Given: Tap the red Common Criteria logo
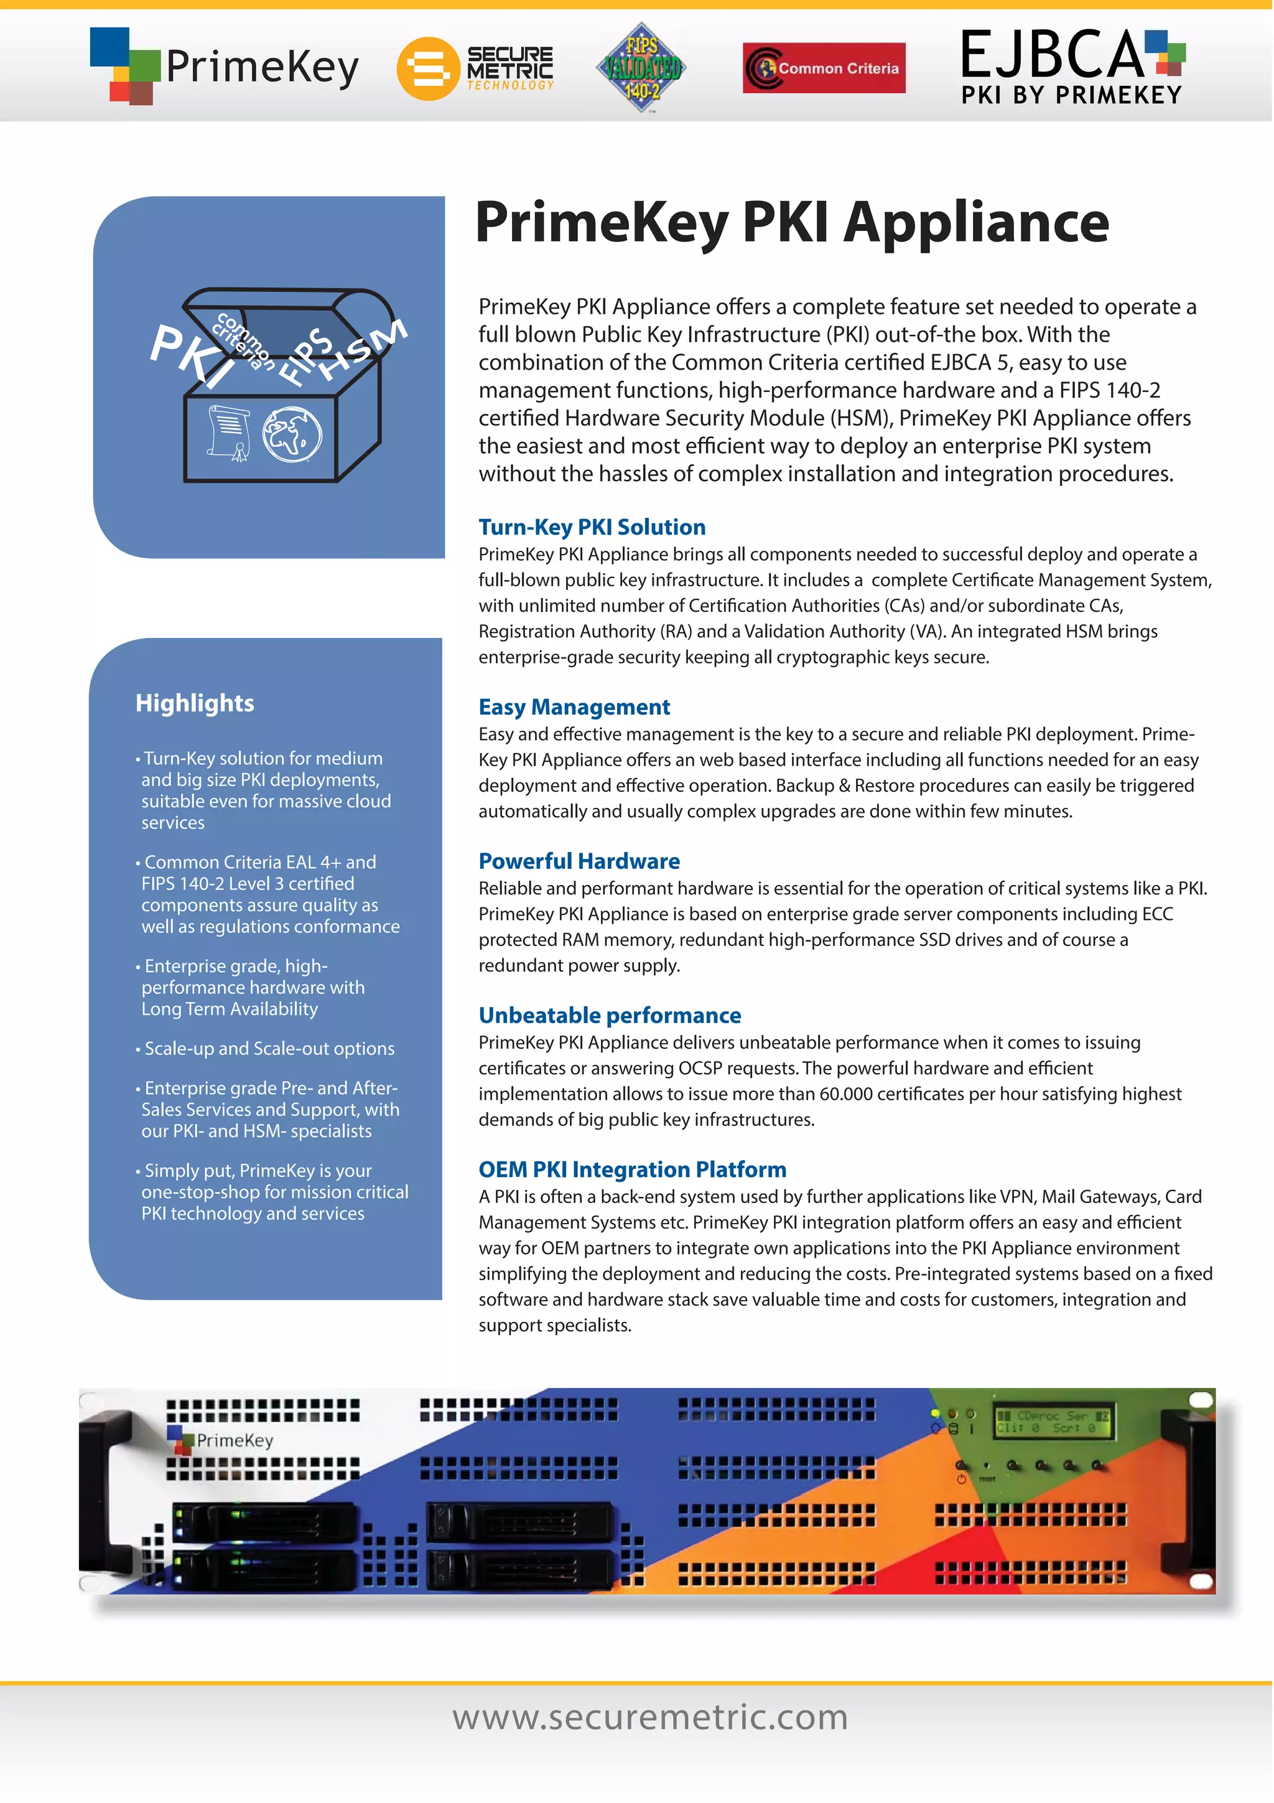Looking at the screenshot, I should pyautogui.click(x=824, y=68).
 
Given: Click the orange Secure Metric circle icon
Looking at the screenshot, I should pyautogui.click(x=427, y=68).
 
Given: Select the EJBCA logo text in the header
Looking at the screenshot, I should pyautogui.click(x=1052, y=55).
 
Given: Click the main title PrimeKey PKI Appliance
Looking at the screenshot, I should pyautogui.click(x=791, y=222).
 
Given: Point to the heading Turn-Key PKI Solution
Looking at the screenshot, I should pyautogui.click(x=592, y=527).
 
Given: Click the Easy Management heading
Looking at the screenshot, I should pyautogui.click(x=574, y=707).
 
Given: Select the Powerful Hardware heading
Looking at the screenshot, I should pyautogui.click(x=579, y=861).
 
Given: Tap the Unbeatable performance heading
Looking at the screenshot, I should pyautogui.click(x=609, y=1015).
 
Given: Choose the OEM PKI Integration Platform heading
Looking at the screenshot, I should pyautogui.click(x=632, y=1169).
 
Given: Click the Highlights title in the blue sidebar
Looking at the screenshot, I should pyautogui.click(x=195, y=703).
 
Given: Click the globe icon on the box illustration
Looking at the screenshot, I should pyautogui.click(x=291, y=434).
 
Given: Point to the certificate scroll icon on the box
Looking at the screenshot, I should pyautogui.click(x=228, y=432).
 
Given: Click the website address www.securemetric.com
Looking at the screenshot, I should pyautogui.click(x=650, y=1717).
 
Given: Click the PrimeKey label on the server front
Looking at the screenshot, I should pyautogui.click(x=234, y=1440).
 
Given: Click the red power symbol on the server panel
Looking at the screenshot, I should pyautogui.click(x=961, y=1479).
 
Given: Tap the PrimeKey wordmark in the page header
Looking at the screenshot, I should pyautogui.click(x=262, y=68).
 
